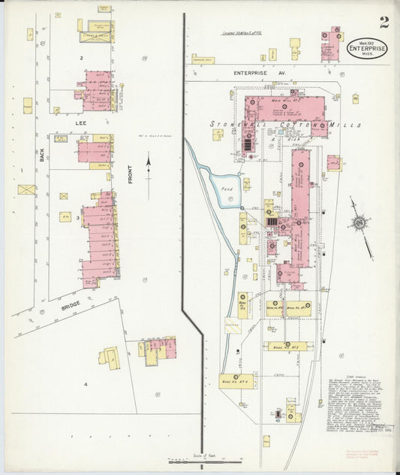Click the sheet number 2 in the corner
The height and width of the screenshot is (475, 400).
point(383,21)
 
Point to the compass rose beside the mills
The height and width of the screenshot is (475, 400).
point(360,223)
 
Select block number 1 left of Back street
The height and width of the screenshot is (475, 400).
point(23,170)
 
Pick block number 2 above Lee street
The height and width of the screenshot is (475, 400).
point(81,56)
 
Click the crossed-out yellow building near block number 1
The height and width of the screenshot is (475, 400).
point(27,189)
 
